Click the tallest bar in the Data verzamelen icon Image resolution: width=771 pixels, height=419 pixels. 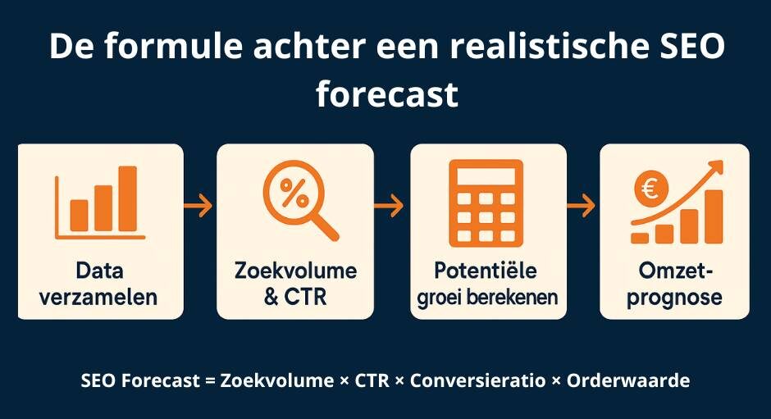tap(127, 198)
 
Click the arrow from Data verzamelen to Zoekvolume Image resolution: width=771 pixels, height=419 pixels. tap(198, 206)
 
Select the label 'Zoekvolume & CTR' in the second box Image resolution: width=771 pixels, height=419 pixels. tap(295, 284)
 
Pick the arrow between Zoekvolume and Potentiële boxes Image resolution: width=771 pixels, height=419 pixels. tap(390, 206)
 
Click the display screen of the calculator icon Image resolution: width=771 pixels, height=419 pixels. tap(486, 176)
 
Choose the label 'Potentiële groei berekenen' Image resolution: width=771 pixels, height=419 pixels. tap(487, 284)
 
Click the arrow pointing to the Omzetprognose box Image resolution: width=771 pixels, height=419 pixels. tap(582, 206)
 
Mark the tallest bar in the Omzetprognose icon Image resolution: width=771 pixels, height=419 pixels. tap(713, 216)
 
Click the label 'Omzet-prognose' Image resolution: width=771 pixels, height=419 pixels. tap(673, 284)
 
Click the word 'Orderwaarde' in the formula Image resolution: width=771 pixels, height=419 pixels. tap(628, 381)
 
